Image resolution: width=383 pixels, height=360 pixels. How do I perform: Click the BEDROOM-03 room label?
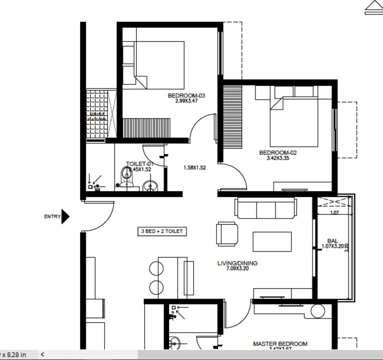(x=186, y=96)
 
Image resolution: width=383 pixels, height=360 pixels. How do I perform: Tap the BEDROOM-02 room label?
(x=278, y=153)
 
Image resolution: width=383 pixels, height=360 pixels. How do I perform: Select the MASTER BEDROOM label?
(x=280, y=344)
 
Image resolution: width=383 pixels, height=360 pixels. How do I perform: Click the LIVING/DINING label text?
(x=238, y=263)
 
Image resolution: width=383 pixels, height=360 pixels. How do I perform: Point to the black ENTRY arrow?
(x=65, y=216)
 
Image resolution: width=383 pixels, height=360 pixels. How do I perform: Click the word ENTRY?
(x=52, y=217)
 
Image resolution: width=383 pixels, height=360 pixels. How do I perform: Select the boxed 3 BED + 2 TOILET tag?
(x=162, y=232)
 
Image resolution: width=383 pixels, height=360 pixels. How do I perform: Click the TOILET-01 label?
(x=139, y=164)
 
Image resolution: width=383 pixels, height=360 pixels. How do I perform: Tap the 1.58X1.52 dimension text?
(x=194, y=167)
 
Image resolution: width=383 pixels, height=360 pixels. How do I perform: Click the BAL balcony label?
(x=332, y=241)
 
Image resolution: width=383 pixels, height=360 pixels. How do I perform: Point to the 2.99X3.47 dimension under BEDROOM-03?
(x=186, y=101)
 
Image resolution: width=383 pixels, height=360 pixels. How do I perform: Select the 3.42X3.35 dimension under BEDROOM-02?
(x=278, y=158)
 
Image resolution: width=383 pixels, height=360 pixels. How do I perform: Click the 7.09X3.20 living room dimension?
(x=238, y=269)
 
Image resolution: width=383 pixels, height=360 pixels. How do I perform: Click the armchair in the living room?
(x=227, y=234)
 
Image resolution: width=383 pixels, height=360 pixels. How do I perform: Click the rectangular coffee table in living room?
(x=272, y=242)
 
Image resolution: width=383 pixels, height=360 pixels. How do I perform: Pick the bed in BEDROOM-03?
(x=159, y=65)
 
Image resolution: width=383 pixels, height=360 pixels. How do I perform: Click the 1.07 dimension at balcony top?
(x=334, y=213)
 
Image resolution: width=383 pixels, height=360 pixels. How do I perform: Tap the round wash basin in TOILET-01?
(x=150, y=185)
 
